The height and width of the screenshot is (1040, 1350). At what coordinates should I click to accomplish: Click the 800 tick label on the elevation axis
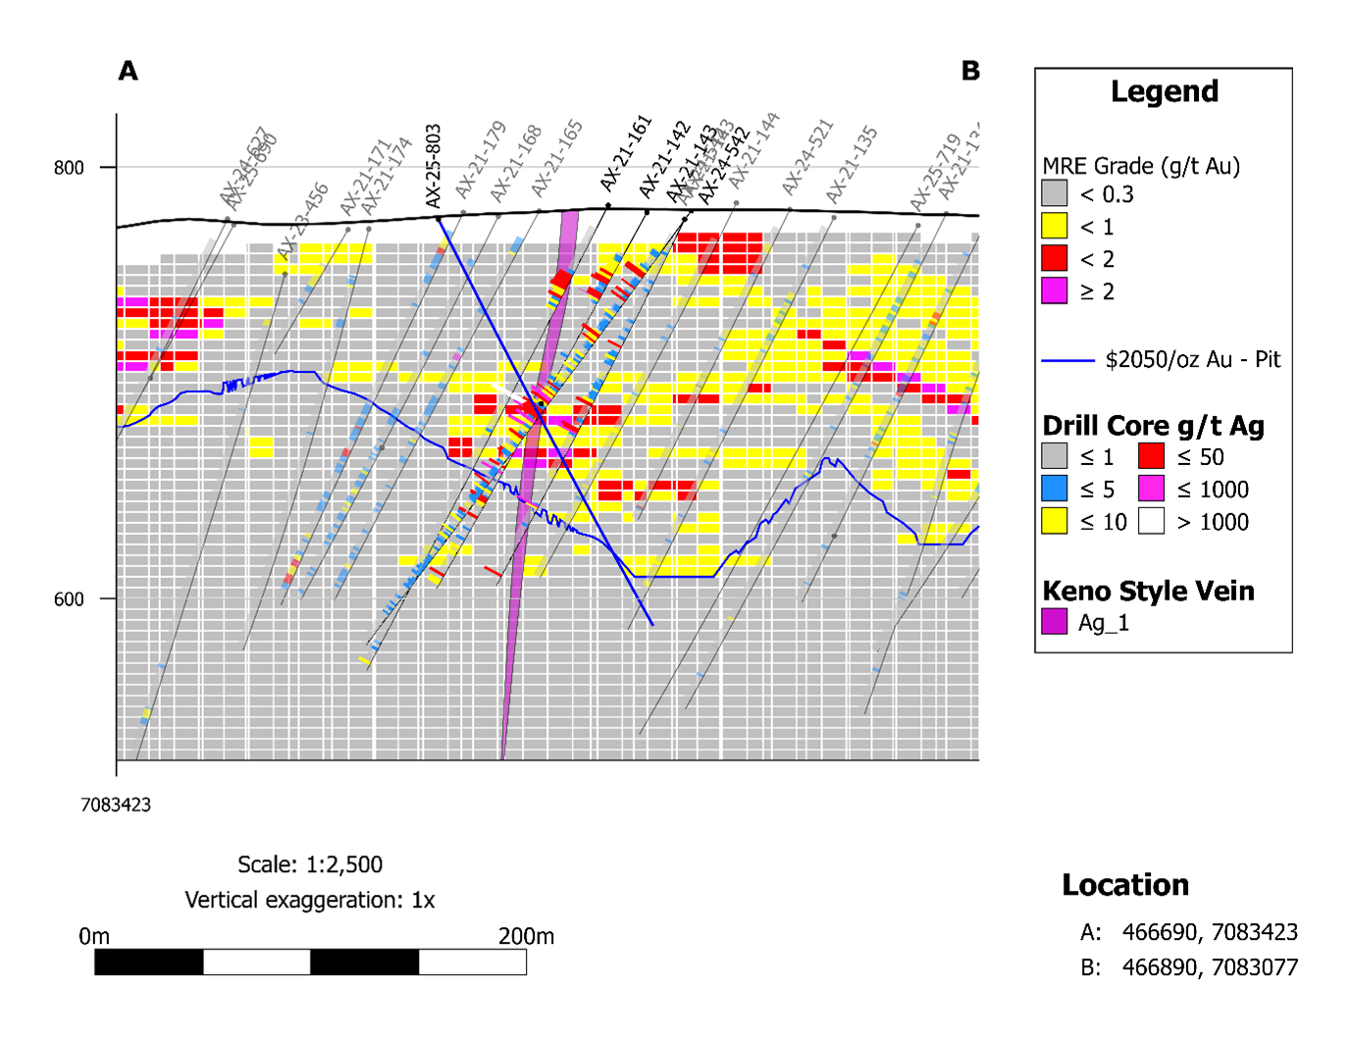pyautogui.click(x=69, y=168)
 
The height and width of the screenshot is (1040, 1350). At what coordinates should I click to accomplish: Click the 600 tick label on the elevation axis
pyautogui.click(x=69, y=599)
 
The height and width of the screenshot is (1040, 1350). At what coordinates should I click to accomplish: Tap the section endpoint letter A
pyautogui.click(x=128, y=71)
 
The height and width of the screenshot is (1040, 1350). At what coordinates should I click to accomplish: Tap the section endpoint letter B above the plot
pyautogui.click(x=970, y=71)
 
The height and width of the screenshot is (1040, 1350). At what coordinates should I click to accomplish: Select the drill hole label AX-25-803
pyautogui.click(x=434, y=166)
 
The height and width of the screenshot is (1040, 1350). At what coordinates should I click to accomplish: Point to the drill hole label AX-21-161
pyautogui.click(x=626, y=153)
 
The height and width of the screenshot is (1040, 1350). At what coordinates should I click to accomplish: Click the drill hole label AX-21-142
pyautogui.click(x=664, y=160)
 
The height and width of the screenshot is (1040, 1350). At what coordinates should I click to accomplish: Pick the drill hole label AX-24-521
pyautogui.click(x=806, y=157)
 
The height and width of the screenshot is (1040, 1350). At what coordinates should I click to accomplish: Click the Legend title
pyautogui.click(x=1164, y=91)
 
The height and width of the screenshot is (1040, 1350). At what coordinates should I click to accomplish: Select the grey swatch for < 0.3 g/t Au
pyautogui.click(x=1054, y=193)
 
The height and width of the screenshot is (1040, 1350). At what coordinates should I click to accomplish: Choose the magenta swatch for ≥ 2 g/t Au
pyautogui.click(x=1054, y=290)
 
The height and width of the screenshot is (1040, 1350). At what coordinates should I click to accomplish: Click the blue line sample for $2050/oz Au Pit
pyautogui.click(x=1067, y=360)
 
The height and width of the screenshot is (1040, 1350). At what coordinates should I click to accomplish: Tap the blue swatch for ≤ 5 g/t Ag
pyautogui.click(x=1054, y=489)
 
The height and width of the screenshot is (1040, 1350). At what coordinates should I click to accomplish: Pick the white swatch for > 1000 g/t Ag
pyautogui.click(x=1151, y=521)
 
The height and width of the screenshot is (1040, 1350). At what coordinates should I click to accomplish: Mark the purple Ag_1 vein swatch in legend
pyautogui.click(x=1054, y=622)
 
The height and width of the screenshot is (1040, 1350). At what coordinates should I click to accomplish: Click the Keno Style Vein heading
pyautogui.click(x=1148, y=591)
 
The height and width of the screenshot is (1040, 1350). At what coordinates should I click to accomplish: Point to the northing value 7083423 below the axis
pyautogui.click(x=116, y=805)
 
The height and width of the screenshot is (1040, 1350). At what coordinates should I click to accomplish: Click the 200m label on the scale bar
pyautogui.click(x=526, y=936)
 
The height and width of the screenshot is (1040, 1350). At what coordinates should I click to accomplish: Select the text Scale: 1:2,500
pyautogui.click(x=310, y=864)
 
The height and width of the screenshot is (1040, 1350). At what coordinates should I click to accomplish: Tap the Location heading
pyautogui.click(x=1124, y=885)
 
